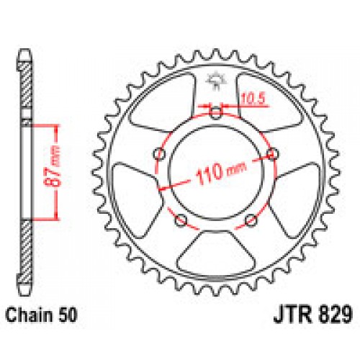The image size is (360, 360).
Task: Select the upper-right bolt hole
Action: point(272,153)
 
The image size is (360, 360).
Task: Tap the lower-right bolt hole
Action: point(250,218)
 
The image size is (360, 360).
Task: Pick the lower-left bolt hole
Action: point(181,218)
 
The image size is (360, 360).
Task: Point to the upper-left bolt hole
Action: point(161,153)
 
